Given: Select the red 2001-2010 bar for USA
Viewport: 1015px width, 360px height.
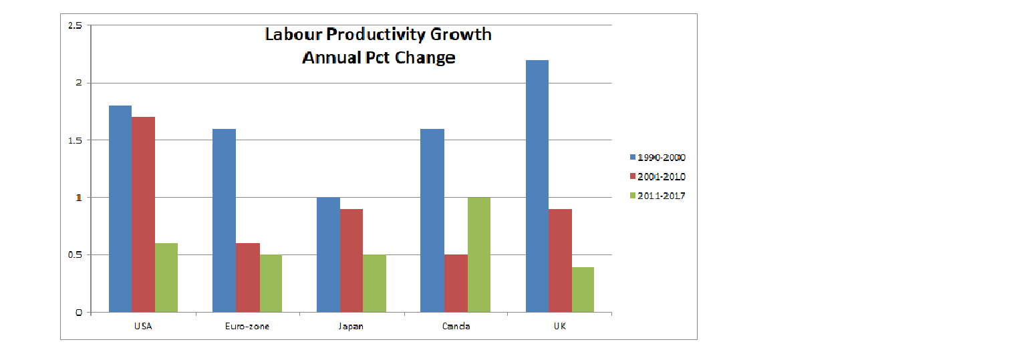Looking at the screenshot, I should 144,214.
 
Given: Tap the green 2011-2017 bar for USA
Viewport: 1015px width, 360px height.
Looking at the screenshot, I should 166,277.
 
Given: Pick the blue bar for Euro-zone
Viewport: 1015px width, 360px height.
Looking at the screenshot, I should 224,220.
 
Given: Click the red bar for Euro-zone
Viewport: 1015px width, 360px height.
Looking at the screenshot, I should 248,277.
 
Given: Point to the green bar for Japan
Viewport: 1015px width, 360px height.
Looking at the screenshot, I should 374,283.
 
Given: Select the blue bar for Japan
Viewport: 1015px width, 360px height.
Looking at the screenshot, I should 328,254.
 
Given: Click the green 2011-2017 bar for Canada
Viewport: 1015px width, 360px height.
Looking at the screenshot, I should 478,254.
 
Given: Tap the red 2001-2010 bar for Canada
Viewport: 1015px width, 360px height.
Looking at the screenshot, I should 456,283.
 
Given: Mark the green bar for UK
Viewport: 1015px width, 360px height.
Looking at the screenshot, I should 583,289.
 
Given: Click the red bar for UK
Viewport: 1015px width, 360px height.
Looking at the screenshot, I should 560,260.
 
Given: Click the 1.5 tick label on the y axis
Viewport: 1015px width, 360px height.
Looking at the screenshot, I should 75,140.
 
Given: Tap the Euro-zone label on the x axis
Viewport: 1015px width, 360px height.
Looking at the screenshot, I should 247,327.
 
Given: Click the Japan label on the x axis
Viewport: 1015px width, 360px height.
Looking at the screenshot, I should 351,327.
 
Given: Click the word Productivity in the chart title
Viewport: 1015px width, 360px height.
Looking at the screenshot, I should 380,34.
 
